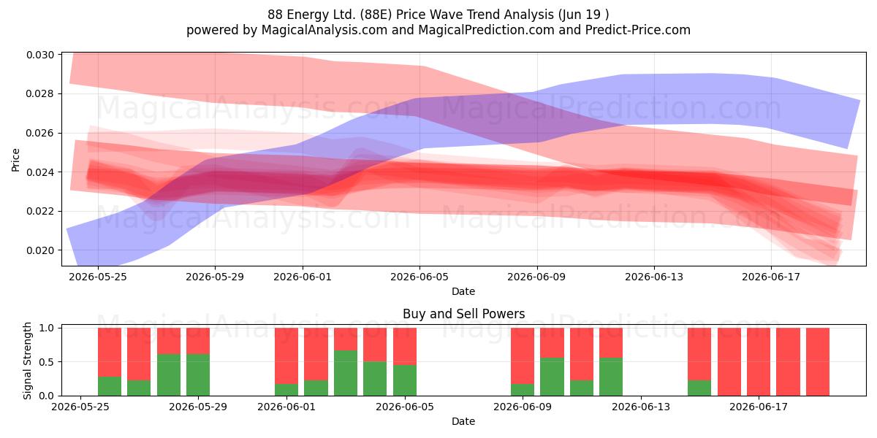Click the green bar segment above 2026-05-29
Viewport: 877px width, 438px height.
click(198, 374)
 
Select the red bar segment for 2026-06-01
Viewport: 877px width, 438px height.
click(286, 356)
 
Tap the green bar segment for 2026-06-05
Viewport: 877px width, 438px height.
click(405, 380)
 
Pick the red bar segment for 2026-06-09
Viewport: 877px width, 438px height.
click(523, 356)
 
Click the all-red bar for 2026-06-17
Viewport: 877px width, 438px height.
click(759, 362)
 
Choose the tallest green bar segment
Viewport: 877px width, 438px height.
click(346, 373)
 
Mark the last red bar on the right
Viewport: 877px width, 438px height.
click(818, 362)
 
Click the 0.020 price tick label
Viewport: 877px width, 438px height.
click(40, 250)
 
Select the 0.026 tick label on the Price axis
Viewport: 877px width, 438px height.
click(40, 133)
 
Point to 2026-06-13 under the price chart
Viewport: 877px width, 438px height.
click(654, 277)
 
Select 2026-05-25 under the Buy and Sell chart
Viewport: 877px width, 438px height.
click(80, 407)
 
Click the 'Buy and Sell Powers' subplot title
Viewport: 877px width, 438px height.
click(463, 314)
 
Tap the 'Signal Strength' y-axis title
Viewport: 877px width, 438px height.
click(27, 361)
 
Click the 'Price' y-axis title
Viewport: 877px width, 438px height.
click(15, 160)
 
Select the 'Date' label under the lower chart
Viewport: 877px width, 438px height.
click(463, 421)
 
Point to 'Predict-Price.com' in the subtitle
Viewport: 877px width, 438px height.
click(638, 30)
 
